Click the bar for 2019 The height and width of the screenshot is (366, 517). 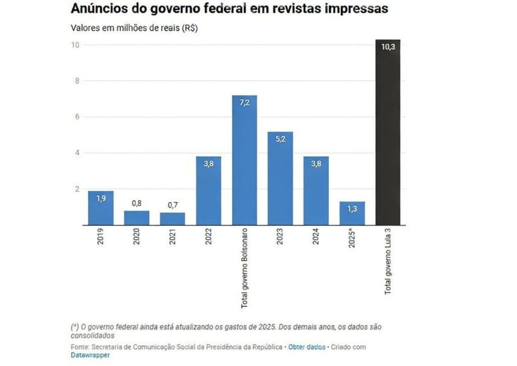coord(100,208)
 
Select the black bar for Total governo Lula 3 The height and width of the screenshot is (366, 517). coord(388,132)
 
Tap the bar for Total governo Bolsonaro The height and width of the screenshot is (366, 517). coord(244,160)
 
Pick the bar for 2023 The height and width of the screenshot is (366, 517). coord(280,178)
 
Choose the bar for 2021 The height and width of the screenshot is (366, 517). coord(172,219)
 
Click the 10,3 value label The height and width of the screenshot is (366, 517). coord(388,47)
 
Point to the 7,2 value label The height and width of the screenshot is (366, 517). coord(244,103)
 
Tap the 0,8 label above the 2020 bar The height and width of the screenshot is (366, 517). coord(136,203)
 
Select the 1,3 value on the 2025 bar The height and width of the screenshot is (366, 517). coord(352,209)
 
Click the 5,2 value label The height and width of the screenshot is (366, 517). coord(280,139)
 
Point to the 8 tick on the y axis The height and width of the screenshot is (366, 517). coord(76,81)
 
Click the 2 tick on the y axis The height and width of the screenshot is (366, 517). coord(76,189)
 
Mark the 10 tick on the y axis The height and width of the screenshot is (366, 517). coord(75,45)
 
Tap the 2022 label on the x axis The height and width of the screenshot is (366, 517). coord(209,238)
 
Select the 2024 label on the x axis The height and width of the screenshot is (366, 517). coord(316,238)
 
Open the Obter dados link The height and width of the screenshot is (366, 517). coord(307,347)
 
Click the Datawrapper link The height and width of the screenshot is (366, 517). coord(90,355)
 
